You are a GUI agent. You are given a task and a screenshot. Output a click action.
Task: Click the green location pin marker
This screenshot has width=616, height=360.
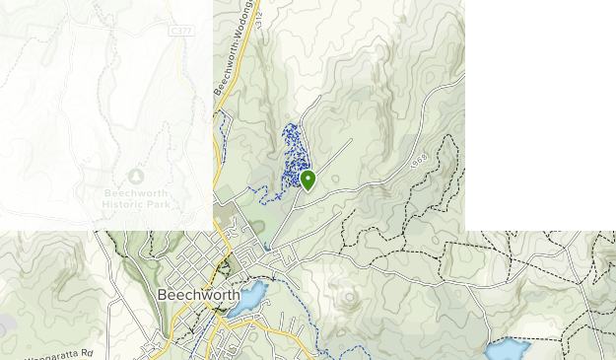point(308,180)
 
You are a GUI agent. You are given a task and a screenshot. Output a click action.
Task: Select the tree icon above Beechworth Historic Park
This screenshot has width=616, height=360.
point(136,176)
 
